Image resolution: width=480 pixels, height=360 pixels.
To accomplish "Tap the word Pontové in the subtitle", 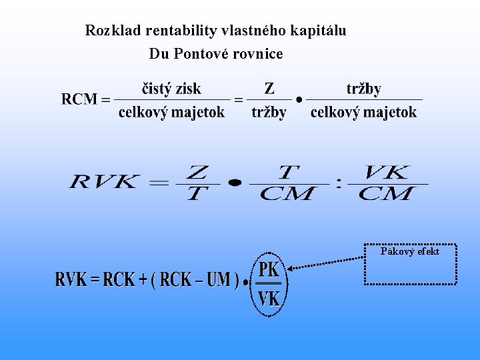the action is pyautogui.click(x=200, y=53).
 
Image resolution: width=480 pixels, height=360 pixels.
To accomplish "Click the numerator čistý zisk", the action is pyautogui.click(x=171, y=88).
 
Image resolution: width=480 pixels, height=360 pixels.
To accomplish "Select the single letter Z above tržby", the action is pyautogui.click(x=269, y=88).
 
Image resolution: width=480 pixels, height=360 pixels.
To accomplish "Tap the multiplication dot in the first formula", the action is pyautogui.click(x=299, y=100).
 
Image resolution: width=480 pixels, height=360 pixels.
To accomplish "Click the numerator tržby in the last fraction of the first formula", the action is pyautogui.click(x=364, y=88).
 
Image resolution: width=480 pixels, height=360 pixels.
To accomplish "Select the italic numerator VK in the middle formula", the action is pyautogui.click(x=387, y=173).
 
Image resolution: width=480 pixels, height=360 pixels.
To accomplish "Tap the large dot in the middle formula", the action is pyautogui.click(x=234, y=182).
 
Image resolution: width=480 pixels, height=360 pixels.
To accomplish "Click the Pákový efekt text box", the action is pyautogui.click(x=410, y=264).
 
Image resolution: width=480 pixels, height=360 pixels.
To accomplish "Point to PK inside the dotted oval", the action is pyautogui.click(x=269, y=269).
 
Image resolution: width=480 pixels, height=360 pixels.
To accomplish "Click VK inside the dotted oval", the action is pyautogui.click(x=269, y=298).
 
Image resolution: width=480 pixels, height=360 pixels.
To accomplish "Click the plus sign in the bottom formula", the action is pyautogui.click(x=143, y=280).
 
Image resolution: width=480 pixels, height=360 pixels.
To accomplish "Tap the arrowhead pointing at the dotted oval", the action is pyautogui.click(x=291, y=268).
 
